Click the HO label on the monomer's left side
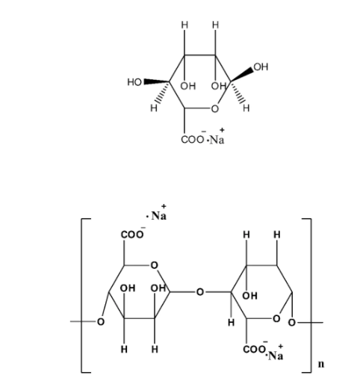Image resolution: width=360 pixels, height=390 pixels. click(x=134, y=82)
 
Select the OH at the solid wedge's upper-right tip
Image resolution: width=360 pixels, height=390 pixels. click(x=261, y=67)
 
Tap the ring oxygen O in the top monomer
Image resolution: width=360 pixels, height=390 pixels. click(x=214, y=109)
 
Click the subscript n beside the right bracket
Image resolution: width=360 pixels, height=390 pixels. click(x=321, y=364)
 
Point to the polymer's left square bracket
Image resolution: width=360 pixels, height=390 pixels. click(x=81, y=296)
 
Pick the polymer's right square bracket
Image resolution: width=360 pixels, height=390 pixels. click(x=311, y=296)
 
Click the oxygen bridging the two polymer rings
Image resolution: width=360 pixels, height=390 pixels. click(x=200, y=292)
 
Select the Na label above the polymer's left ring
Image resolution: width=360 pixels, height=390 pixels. click(x=158, y=215)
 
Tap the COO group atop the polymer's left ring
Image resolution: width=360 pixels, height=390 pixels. click(x=132, y=235)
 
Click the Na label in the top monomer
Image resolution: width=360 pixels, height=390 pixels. click(x=217, y=140)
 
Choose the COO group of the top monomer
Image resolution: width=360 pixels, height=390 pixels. click(x=192, y=140)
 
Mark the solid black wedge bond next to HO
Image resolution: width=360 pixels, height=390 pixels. click(x=156, y=81)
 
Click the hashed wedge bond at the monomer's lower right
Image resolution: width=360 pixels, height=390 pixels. click(x=238, y=92)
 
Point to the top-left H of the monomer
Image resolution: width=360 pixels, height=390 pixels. click(x=184, y=25)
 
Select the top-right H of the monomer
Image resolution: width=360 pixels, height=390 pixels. click(x=216, y=25)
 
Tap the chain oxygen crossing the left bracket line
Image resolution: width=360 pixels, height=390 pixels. click(x=100, y=322)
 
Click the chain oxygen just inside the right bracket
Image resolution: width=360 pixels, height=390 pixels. click(x=292, y=323)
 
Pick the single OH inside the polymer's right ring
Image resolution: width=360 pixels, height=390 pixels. click(x=249, y=296)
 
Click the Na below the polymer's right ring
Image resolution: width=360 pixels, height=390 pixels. click(x=276, y=356)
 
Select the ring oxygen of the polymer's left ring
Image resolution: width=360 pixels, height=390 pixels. click(x=155, y=265)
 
